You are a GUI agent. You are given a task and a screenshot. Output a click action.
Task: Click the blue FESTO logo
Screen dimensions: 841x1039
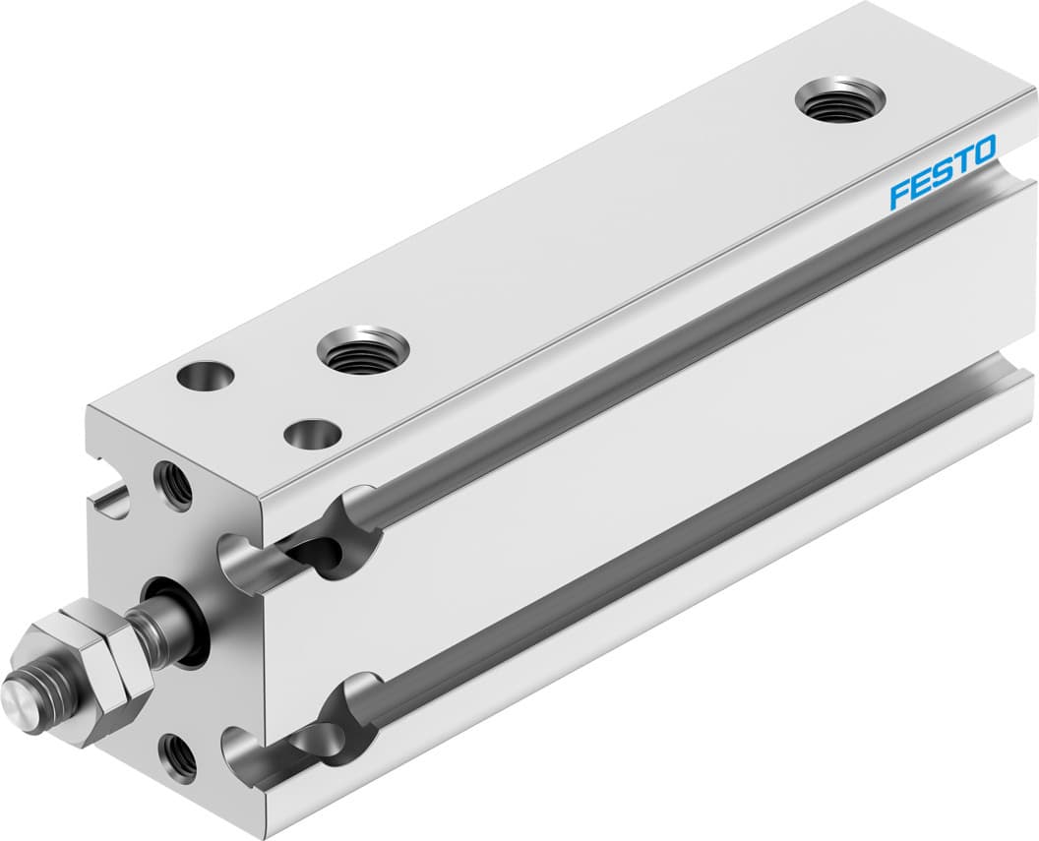pos(943,172)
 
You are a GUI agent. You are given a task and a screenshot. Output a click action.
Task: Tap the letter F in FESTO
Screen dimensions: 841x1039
pos(898,194)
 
